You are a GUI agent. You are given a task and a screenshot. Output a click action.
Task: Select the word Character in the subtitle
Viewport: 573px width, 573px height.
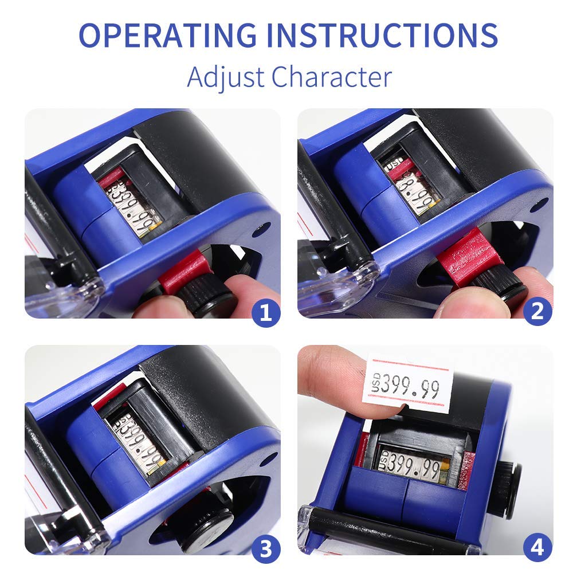(332, 77)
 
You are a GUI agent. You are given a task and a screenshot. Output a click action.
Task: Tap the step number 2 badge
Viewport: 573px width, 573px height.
(537, 312)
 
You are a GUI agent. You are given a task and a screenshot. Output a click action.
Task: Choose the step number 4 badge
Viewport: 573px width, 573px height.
(537, 549)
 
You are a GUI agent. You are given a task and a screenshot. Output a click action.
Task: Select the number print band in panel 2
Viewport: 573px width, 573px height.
(415, 186)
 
